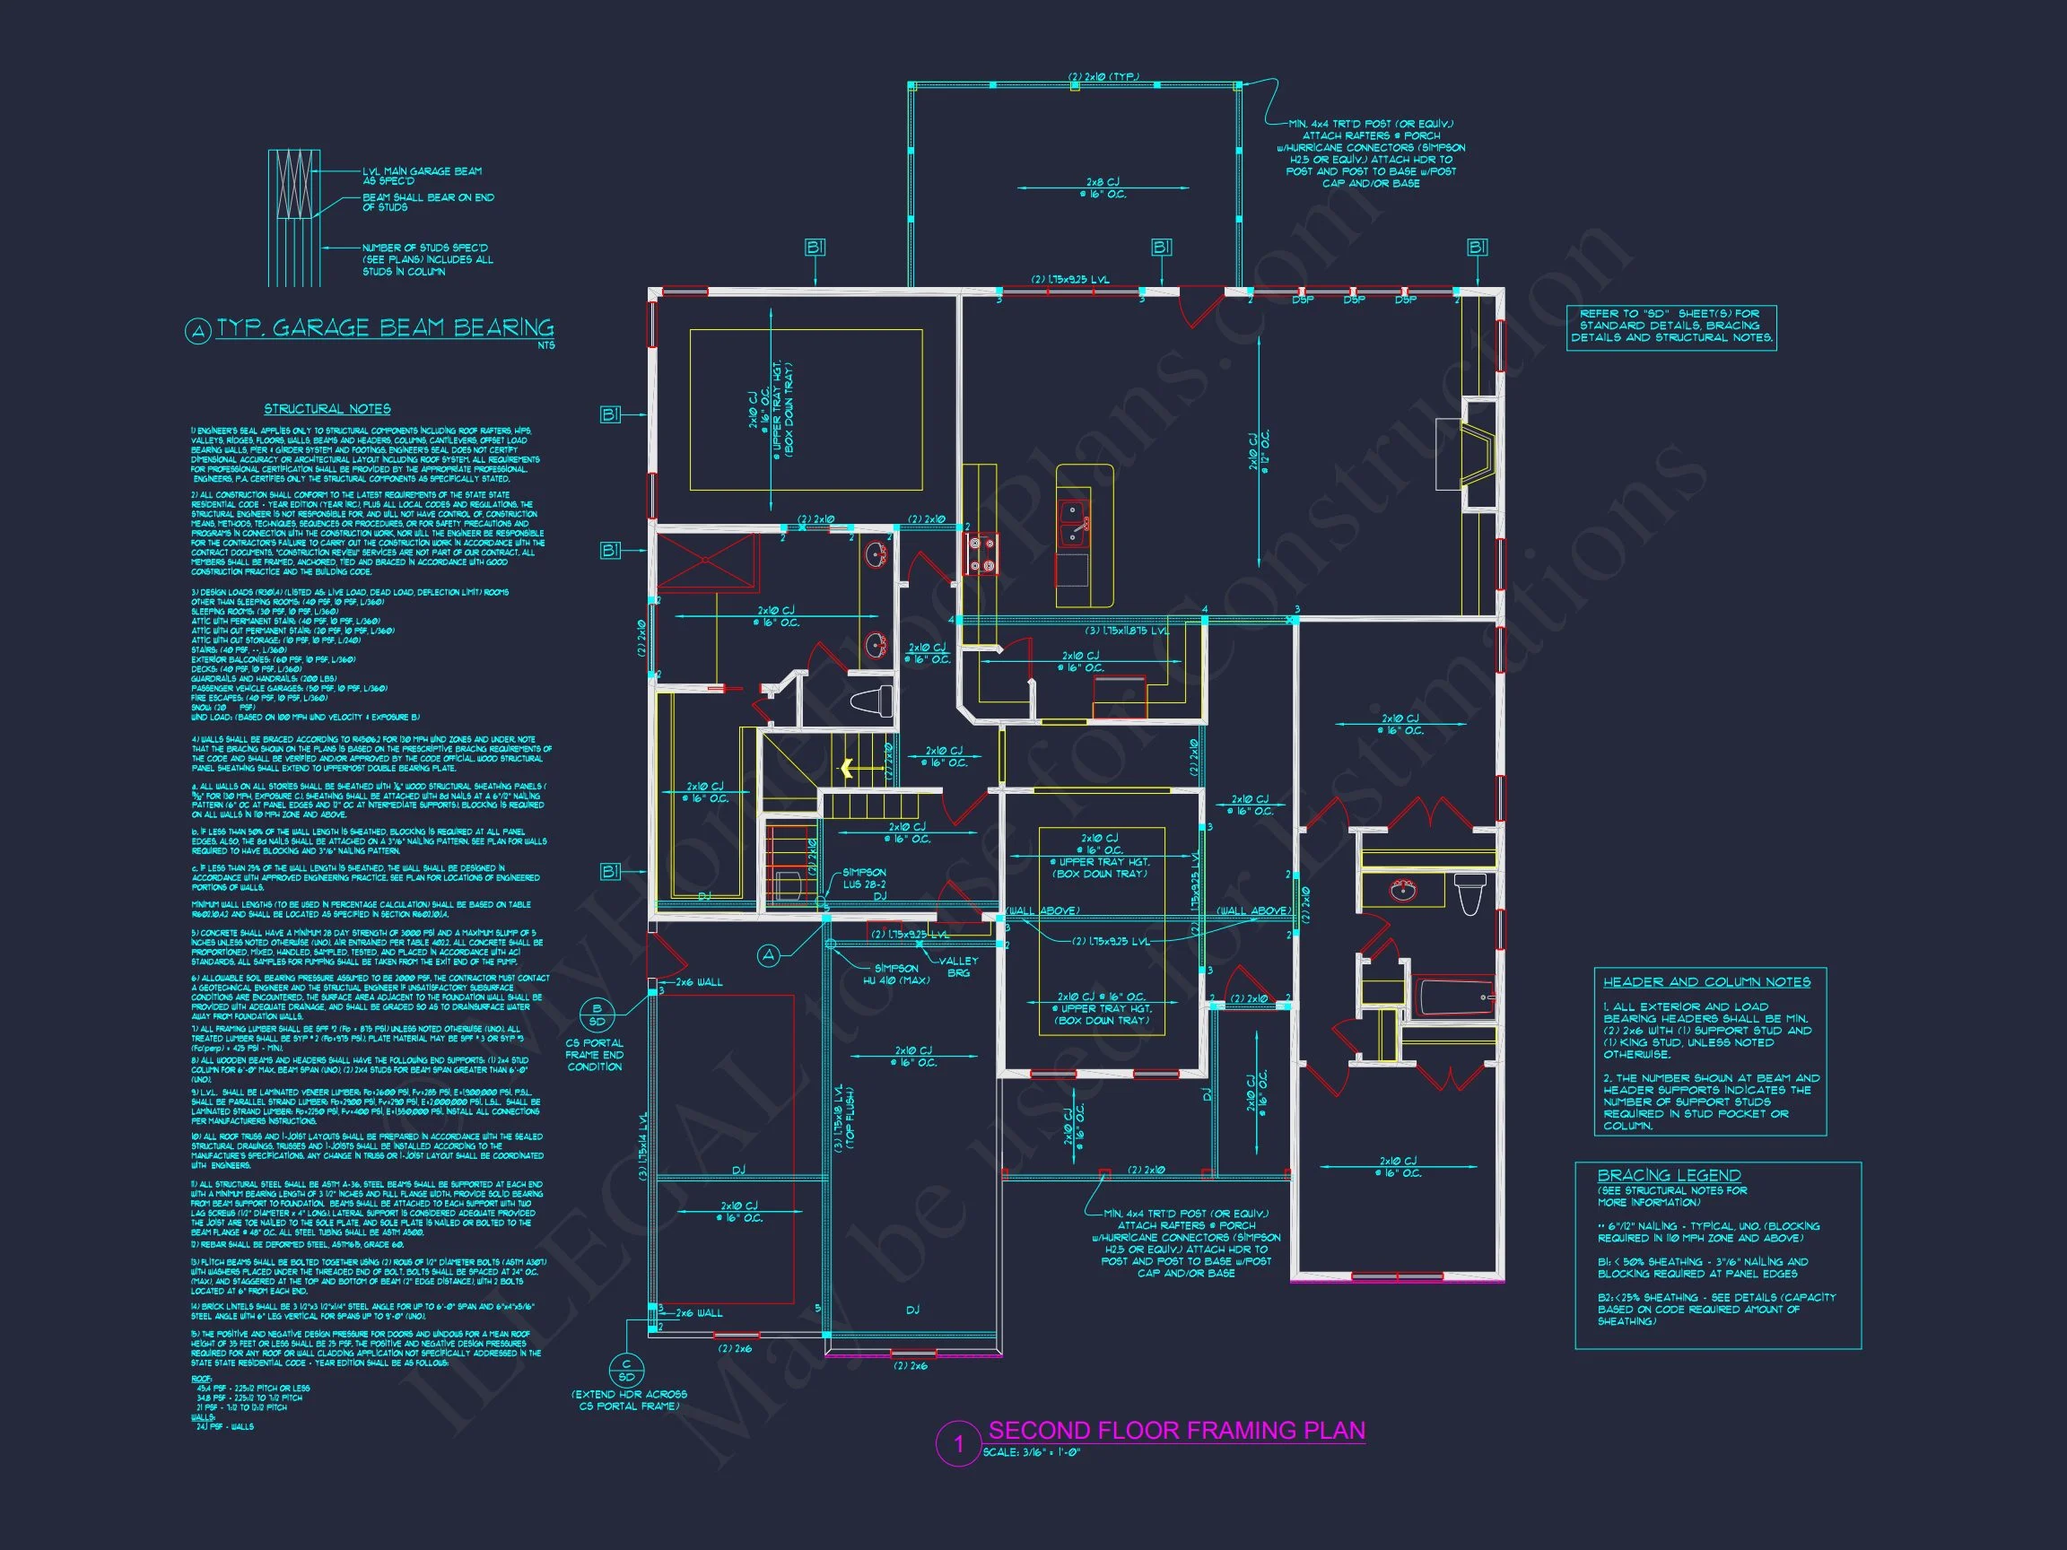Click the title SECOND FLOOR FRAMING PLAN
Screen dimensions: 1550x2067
tap(1175, 1431)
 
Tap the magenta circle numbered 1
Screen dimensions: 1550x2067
tap(957, 1444)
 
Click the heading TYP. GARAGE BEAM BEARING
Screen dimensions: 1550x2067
tap(385, 328)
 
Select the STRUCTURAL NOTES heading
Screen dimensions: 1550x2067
tap(327, 409)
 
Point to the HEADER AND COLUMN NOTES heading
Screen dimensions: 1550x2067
tap(1706, 982)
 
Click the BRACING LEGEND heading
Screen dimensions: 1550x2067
tap(1669, 1175)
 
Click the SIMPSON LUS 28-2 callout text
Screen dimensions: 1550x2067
tap(863, 878)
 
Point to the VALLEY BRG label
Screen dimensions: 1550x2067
tap(959, 966)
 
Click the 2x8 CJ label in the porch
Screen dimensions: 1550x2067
tap(1103, 187)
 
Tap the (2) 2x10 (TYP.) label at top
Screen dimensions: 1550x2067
tap(1103, 77)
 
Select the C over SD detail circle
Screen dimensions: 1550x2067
tap(626, 1371)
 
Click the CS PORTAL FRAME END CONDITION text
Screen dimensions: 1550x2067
tap(594, 1055)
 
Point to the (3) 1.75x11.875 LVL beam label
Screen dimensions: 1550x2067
tap(1127, 631)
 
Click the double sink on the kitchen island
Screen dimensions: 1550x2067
tap(1072, 523)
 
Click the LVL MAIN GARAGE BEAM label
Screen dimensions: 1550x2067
tap(423, 176)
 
